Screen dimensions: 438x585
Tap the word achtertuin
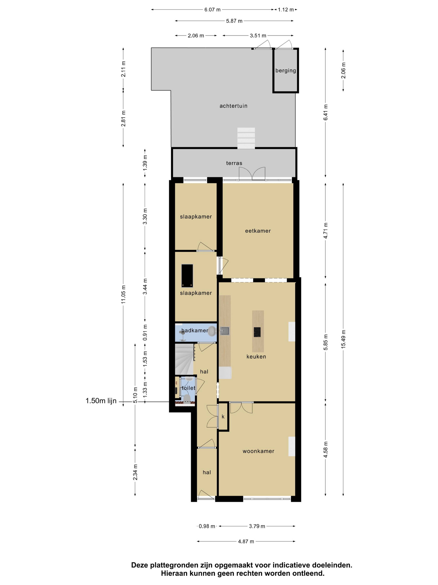pyautogui.click(x=233, y=106)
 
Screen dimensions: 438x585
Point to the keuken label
pyautogui.click(x=256, y=356)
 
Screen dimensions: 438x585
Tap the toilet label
pyautogui.click(x=189, y=388)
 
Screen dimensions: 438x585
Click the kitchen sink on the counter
pyautogui.click(x=225, y=331)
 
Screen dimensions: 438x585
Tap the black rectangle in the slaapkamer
pyautogui.click(x=187, y=276)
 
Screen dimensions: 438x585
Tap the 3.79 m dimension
pyautogui.click(x=257, y=526)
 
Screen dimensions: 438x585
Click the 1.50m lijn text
pyautogui.click(x=101, y=401)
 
